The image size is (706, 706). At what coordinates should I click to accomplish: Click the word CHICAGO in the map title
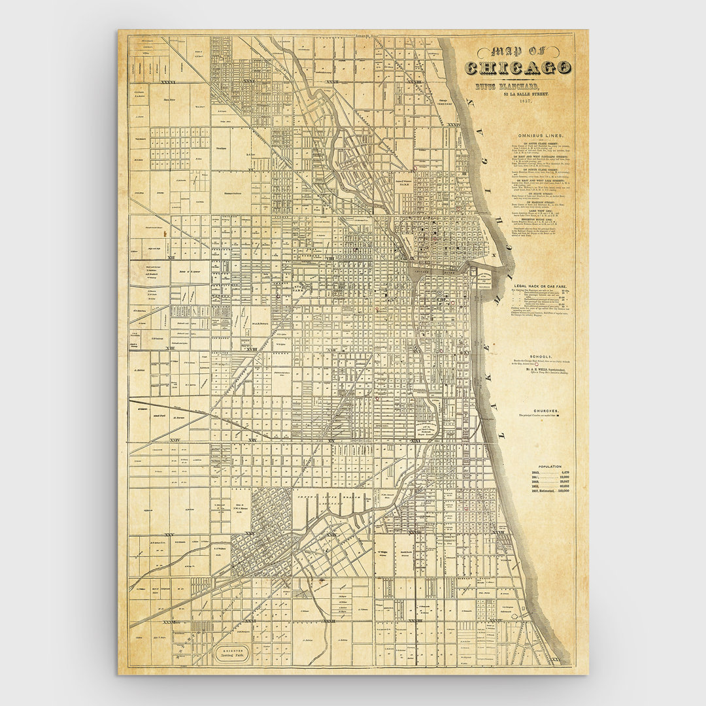pos(518,68)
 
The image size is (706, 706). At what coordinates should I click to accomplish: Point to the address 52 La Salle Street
pos(530,95)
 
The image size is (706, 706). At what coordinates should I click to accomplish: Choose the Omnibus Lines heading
pos(540,135)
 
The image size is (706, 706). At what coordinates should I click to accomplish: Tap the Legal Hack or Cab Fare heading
pos(540,286)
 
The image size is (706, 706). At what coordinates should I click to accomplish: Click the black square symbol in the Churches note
pos(558,415)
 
